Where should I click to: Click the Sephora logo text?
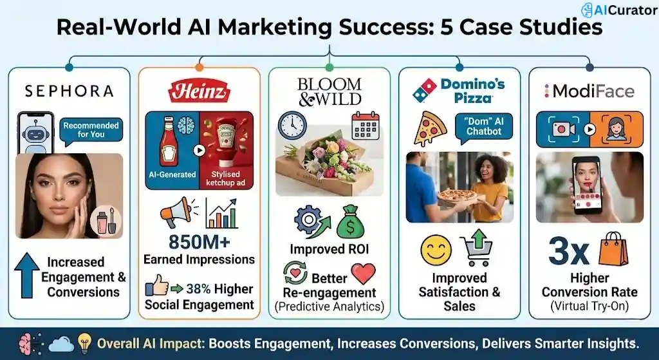tap(69, 91)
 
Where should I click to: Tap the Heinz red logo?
tap(199, 91)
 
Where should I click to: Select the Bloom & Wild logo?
tap(329, 92)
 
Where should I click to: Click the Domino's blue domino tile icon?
tap(425, 90)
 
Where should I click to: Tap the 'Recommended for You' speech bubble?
tap(90, 130)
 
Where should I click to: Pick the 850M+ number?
tap(199, 242)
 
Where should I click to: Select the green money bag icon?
tap(350, 222)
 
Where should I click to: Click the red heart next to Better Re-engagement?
tap(363, 274)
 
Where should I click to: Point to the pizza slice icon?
tap(430, 128)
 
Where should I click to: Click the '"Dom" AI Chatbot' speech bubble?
tap(484, 126)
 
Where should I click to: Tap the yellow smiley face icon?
tap(436, 251)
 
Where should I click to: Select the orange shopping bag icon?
tap(612, 249)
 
